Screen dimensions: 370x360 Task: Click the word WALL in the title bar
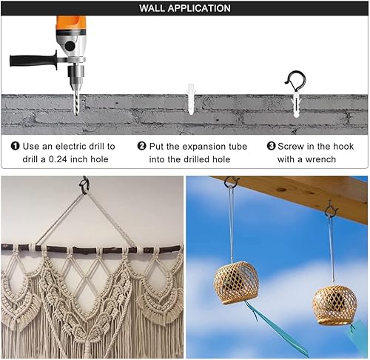(x=152, y=8)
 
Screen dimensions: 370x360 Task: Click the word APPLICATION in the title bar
(x=199, y=8)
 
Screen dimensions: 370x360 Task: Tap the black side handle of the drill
(x=33, y=60)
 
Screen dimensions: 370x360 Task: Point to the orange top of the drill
(x=71, y=24)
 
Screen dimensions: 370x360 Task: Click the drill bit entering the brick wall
(x=77, y=103)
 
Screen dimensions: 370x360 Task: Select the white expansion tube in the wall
(x=191, y=99)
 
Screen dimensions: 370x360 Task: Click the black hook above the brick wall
(x=296, y=80)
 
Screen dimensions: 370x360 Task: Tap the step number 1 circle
(x=15, y=146)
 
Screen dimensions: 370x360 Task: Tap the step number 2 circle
(x=142, y=146)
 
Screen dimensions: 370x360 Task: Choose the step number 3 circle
(x=271, y=146)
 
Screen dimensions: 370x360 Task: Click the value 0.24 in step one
(x=58, y=159)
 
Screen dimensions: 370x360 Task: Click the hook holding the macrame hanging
(x=84, y=185)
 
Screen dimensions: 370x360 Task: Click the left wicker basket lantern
(x=236, y=283)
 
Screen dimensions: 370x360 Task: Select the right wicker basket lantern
(x=334, y=305)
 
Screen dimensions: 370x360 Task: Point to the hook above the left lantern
(x=231, y=182)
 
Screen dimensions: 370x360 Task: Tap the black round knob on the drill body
(x=70, y=46)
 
